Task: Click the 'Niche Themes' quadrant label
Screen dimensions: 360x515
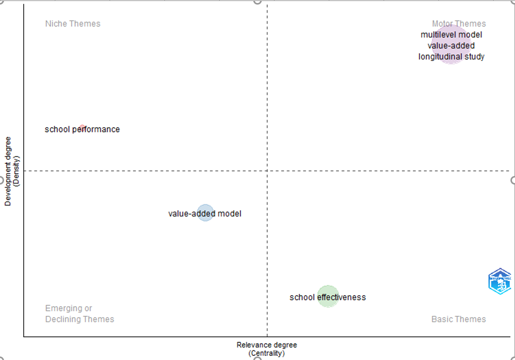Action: (73, 24)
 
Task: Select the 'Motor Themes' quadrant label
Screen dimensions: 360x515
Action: (459, 24)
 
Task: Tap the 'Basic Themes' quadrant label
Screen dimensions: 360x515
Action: (458, 319)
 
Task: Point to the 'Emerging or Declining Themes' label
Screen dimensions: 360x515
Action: (79, 314)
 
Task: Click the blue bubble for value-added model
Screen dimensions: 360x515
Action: (205, 213)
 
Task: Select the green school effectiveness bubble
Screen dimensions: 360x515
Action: (328, 297)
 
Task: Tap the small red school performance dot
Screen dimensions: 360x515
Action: (82, 127)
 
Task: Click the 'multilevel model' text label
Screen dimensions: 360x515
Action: (451, 34)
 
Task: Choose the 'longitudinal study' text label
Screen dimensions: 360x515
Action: (451, 57)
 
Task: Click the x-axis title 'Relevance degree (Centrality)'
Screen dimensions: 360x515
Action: (266, 349)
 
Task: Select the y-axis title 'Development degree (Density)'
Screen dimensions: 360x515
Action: (11, 171)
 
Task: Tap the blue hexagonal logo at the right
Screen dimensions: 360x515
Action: (500, 281)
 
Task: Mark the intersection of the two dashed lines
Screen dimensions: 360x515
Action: (267, 171)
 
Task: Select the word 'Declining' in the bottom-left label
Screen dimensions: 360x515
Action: (64, 319)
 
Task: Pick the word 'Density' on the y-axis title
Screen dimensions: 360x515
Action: (16, 171)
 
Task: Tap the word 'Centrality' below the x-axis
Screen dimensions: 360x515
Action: (266, 353)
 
